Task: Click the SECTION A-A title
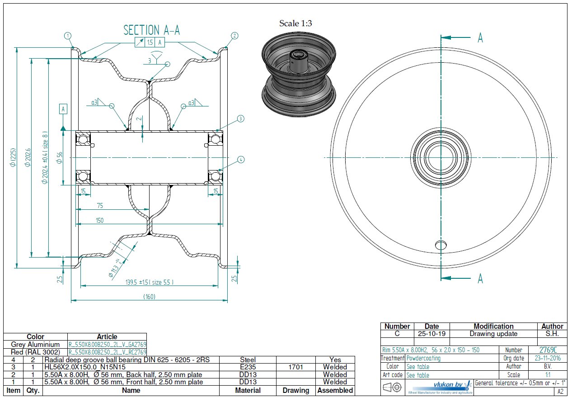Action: (x=152, y=30)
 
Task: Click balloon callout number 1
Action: (x=68, y=35)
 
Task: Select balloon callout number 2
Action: (x=234, y=35)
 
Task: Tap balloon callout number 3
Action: (x=240, y=119)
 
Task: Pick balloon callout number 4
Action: (x=240, y=159)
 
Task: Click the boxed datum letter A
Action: (x=63, y=109)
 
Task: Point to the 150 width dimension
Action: (x=100, y=221)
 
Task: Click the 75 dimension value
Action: (x=100, y=206)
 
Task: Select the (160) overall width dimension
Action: (x=150, y=296)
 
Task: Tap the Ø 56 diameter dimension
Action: (x=60, y=157)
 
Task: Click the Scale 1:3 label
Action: (x=295, y=23)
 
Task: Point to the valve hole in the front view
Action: (x=441, y=244)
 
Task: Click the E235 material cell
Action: (x=248, y=367)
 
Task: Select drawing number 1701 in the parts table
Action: (x=295, y=367)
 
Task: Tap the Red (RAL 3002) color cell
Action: (x=35, y=352)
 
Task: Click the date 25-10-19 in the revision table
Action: (x=431, y=334)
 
